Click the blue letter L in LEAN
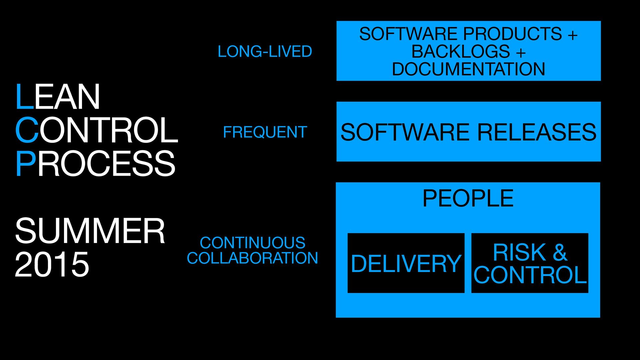(x=24, y=97)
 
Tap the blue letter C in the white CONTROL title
(x=27, y=130)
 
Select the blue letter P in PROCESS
(x=25, y=164)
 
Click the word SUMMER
(x=90, y=231)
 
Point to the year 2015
(x=52, y=264)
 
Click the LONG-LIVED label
(x=265, y=52)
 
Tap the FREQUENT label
(x=265, y=132)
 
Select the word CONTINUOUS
(x=252, y=243)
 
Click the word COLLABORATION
(x=252, y=258)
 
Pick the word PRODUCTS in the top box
(x=512, y=34)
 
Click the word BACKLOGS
(x=460, y=52)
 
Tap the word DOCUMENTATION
(x=468, y=69)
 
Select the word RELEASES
(x=537, y=132)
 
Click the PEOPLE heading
(x=468, y=199)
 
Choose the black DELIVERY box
(x=406, y=263)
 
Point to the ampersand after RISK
(x=560, y=252)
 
